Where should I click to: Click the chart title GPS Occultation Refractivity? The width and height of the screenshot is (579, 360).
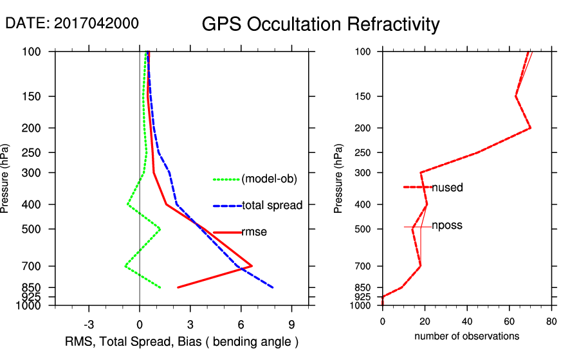pos(320,24)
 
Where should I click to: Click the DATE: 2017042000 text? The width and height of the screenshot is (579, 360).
pos(71,23)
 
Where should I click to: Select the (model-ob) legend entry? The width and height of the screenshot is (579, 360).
pos(269,179)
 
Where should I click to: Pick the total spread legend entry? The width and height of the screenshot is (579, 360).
pos(272,206)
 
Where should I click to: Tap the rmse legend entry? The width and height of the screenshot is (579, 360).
pos(254,232)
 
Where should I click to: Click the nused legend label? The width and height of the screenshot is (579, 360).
pos(447,188)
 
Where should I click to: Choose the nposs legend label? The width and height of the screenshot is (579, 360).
pos(447,226)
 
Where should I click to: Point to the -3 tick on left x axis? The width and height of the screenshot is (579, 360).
pos(89,324)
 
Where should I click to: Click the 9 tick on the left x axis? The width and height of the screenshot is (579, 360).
pos(291,324)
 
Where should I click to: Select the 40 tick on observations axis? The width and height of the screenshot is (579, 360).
pos(467,324)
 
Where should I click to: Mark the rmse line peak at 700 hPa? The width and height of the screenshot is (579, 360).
pos(252,265)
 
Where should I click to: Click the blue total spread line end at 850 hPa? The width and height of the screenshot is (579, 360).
pos(273,287)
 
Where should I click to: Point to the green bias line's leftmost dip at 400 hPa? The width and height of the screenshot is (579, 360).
pos(128,204)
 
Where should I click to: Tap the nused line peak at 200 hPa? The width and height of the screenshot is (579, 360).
pos(529,128)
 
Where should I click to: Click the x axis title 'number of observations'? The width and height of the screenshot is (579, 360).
pos(466,336)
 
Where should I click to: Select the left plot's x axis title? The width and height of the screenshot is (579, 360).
pos(182,341)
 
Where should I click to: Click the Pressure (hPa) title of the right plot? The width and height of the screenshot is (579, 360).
pos(338,179)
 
